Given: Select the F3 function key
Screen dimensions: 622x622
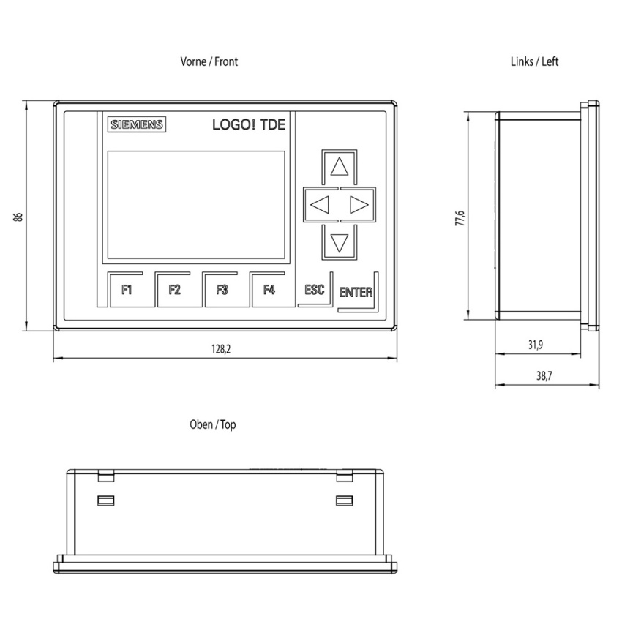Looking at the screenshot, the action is [x=222, y=290].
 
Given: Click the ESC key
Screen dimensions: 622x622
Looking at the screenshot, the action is [x=315, y=290].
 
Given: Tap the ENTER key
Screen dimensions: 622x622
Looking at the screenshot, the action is [x=356, y=293].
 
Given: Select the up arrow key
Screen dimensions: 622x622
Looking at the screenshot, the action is [x=339, y=167].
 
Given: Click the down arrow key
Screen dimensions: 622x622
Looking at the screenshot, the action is [x=339, y=242].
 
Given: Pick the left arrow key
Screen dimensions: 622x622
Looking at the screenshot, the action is [x=321, y=205].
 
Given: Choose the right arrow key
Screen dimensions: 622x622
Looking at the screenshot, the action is [x=359, y=205].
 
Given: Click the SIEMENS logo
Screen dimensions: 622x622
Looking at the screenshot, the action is [x=136, y=124].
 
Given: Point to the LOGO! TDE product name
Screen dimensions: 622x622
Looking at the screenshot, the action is [x=249, y=124].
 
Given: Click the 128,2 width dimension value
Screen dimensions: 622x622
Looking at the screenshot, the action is [x=221, y=349].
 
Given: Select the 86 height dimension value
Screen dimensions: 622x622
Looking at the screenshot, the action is [x=18, y=217].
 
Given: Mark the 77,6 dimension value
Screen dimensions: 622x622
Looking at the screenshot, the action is [x=460, y=218].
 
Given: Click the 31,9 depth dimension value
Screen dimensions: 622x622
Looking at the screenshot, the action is [x=536, y=345].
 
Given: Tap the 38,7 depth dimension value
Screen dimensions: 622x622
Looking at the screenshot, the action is [x=544, y=375].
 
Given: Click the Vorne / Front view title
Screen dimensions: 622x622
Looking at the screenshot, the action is [x=209, y=61].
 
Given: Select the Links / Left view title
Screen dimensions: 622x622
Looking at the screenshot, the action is [x=534, y=61].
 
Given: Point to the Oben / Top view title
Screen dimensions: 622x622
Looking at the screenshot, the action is [x=213, y=425].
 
